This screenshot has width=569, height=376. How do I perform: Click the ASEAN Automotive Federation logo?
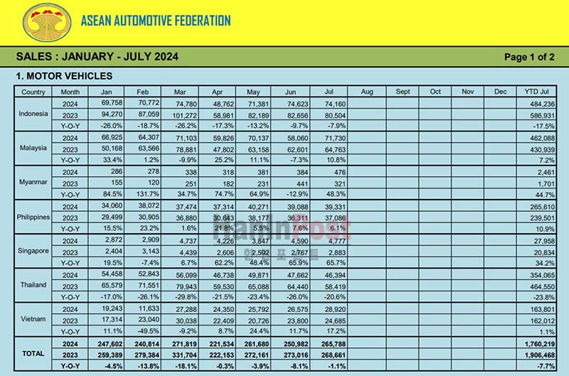(47, 21)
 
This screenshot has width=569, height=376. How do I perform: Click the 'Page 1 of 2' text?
(528, 58)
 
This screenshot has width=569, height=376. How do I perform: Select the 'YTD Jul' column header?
(536, 92)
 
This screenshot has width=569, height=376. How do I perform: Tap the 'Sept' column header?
(403, 92)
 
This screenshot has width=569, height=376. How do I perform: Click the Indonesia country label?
(33, 113)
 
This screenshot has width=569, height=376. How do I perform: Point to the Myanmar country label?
(33, 182)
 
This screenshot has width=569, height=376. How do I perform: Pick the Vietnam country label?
(33, 319)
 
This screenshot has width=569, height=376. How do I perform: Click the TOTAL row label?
(33, 353)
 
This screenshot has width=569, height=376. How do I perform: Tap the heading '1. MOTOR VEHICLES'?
(64, 75)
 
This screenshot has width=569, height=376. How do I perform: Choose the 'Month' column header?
(70, 92)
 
